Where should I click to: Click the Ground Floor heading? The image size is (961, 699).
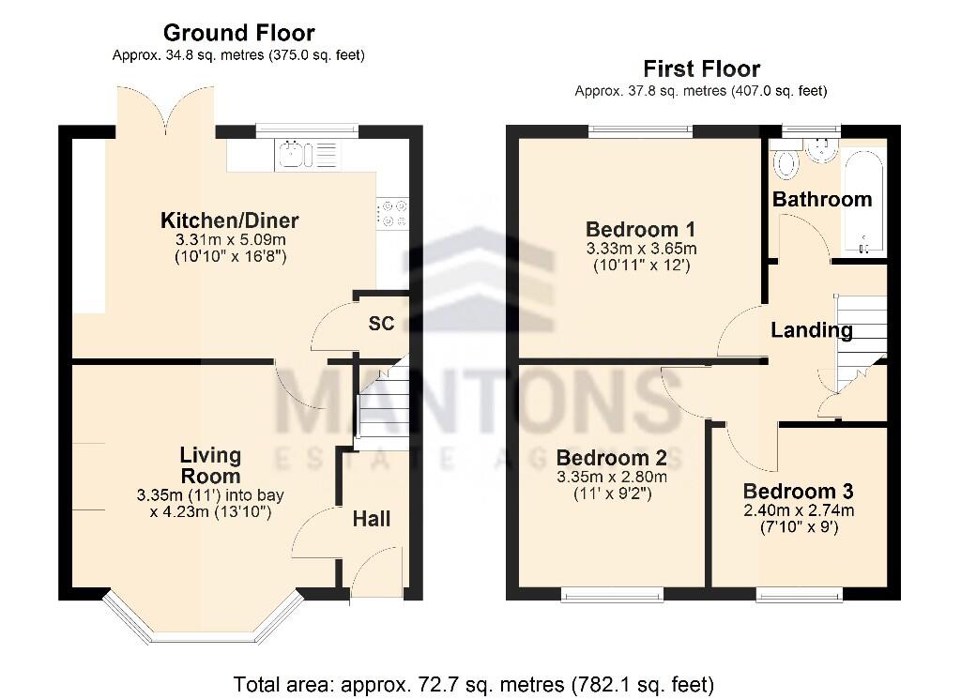point(238,34)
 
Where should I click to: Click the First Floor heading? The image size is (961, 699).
point(701,68)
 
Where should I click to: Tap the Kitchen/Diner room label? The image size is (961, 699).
point(230,221)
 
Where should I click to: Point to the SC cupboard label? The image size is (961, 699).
point(381,324)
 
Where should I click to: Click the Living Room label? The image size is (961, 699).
point(210,465)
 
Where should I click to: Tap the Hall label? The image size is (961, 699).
point(373,519)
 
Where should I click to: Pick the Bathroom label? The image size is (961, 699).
point(822,199)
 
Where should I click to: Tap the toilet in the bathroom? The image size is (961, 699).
point(786,163)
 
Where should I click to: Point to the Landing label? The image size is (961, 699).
point(811,330)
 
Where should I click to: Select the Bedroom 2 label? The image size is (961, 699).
point(611,458)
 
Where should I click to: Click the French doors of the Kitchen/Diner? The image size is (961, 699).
point(165,108)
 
